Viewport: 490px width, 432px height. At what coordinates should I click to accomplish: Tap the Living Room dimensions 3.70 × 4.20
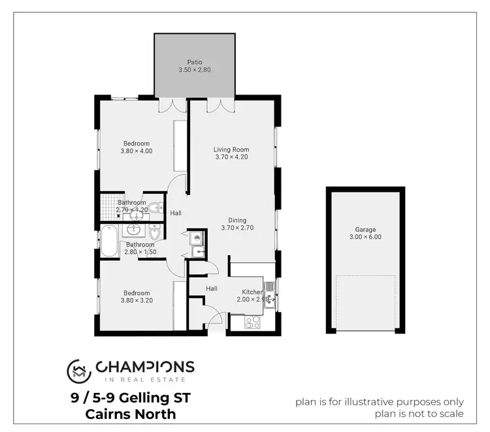(231, 157)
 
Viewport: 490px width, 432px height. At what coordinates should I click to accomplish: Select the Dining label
(237, 220)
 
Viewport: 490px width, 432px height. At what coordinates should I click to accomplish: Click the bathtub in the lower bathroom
(108, 241)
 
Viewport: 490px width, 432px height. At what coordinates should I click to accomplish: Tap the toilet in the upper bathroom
(154, 209)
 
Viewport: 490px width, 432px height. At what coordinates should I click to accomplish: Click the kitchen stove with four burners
(253, 321)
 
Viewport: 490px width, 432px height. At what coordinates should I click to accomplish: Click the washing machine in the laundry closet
(197, 238)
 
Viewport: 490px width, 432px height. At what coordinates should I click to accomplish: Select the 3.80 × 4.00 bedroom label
(136, 147)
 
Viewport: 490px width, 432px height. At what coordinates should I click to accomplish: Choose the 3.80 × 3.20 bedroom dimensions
(136, 301)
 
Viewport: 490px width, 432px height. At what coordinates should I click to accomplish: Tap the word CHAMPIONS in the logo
(145, 366)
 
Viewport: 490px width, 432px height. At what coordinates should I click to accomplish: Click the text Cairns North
(131, 414)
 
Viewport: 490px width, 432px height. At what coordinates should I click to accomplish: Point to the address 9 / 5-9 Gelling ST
(131, 397)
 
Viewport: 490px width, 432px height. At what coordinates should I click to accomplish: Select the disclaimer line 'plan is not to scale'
(419, 414)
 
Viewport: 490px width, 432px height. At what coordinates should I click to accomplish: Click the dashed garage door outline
(366, 303)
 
